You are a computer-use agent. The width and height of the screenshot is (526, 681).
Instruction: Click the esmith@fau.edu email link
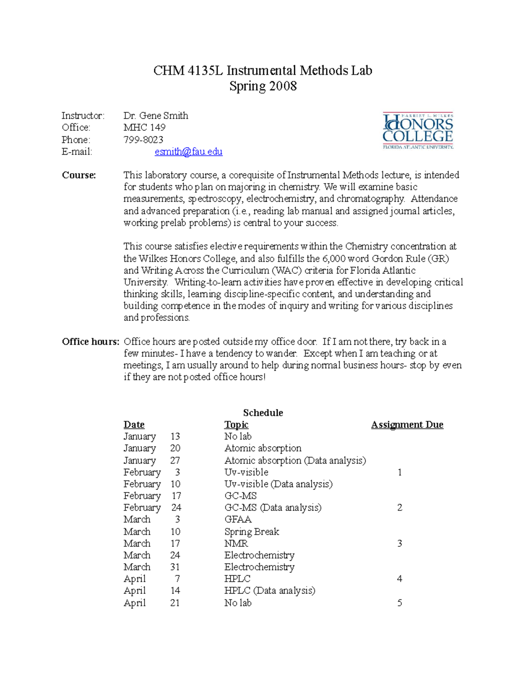point(188,152)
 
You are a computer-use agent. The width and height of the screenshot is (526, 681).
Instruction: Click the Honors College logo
point(418,131)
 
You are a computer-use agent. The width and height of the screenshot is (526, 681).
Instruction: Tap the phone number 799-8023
point(143,139)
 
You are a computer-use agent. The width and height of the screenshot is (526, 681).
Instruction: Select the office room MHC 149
point(144,128)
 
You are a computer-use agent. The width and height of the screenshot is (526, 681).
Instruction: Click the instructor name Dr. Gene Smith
point(156,116)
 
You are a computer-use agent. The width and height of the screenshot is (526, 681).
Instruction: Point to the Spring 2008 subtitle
point(263,86)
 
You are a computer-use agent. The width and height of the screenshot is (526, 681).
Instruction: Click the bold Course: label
point(79,175)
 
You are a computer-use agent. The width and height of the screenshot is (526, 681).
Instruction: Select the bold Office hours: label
point(90,342)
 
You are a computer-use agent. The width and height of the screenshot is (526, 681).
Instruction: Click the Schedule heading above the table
point(263,413)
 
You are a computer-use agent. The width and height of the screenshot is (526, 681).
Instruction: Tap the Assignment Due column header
point(407,424)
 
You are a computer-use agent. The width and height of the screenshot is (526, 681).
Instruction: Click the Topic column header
point(236,424)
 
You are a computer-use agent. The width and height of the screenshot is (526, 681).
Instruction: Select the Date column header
point(134,424)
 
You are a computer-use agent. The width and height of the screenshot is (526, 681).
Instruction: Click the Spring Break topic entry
point(252,531)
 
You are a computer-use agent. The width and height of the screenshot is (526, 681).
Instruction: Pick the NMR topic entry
point(236,543)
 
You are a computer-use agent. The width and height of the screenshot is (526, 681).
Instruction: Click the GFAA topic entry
point(238,520)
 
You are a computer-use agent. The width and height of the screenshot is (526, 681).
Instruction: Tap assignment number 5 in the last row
point(399,603)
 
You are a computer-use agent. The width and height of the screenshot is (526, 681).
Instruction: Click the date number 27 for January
point(175,460)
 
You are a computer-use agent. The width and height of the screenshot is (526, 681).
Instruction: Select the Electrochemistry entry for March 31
point(259,567)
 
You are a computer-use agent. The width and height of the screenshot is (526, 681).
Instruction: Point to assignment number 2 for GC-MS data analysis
point(399,508)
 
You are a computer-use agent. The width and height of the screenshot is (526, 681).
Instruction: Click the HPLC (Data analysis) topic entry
point(270,591)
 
